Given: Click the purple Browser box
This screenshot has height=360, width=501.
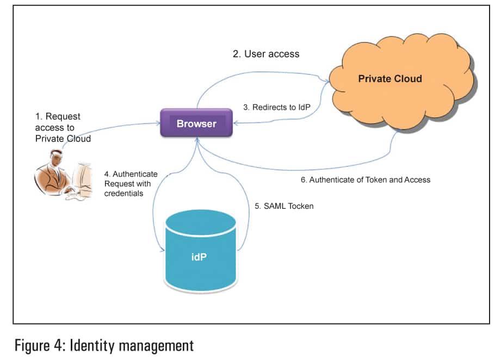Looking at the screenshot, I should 196,123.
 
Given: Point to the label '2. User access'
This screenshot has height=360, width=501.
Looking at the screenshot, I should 266,54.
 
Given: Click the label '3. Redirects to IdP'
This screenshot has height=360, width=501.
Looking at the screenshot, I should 277,108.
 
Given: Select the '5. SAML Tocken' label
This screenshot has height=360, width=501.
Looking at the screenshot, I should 284,207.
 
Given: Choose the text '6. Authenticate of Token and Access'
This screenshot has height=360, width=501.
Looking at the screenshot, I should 366,179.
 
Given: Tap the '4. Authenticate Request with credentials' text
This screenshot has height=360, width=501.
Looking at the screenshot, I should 131,184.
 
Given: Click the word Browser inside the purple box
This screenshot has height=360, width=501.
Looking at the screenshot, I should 196,123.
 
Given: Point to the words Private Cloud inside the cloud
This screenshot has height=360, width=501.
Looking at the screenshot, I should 389,79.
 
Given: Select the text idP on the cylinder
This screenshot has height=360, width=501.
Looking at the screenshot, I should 199,256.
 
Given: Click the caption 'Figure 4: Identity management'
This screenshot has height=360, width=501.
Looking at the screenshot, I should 103,345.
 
